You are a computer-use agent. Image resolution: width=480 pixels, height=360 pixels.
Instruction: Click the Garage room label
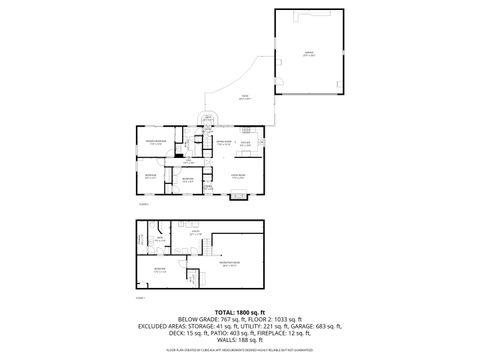click(309, 52)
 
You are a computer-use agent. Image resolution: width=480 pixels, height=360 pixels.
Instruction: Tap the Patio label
click(244, 98)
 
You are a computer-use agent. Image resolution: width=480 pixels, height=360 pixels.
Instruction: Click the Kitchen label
click(246, 142)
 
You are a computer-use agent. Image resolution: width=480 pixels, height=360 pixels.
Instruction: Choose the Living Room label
click(239, 176)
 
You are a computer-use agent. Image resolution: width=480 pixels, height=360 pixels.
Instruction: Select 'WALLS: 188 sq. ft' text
click(240, 341)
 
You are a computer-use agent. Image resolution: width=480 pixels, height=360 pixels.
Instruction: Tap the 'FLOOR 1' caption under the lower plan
click(140, 297)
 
